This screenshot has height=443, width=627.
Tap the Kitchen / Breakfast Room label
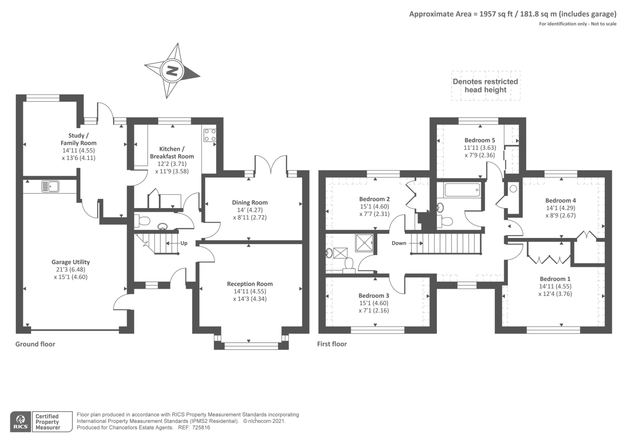[x=172, y=153]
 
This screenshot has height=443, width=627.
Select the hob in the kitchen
[x=210, y=135]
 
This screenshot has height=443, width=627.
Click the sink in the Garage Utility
[x=50, y=187]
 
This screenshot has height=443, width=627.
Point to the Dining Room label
[x=250, y=202]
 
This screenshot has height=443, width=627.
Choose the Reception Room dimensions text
[x=250, y=295]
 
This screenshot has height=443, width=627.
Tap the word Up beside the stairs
[x=184, y=243]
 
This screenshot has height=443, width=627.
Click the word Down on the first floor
[x=399, y=243]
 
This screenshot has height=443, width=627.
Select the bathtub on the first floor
[x=462, y=191]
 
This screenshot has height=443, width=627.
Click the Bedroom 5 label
[x=480, y=140]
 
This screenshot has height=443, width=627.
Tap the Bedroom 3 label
[x=373, y=296]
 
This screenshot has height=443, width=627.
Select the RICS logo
[x=20, y=422]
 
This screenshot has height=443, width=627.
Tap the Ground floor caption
[x=35, y=344]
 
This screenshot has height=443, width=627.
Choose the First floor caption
[x=332, y=344]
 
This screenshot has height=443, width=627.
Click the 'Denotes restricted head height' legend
[x=485, y=85]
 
